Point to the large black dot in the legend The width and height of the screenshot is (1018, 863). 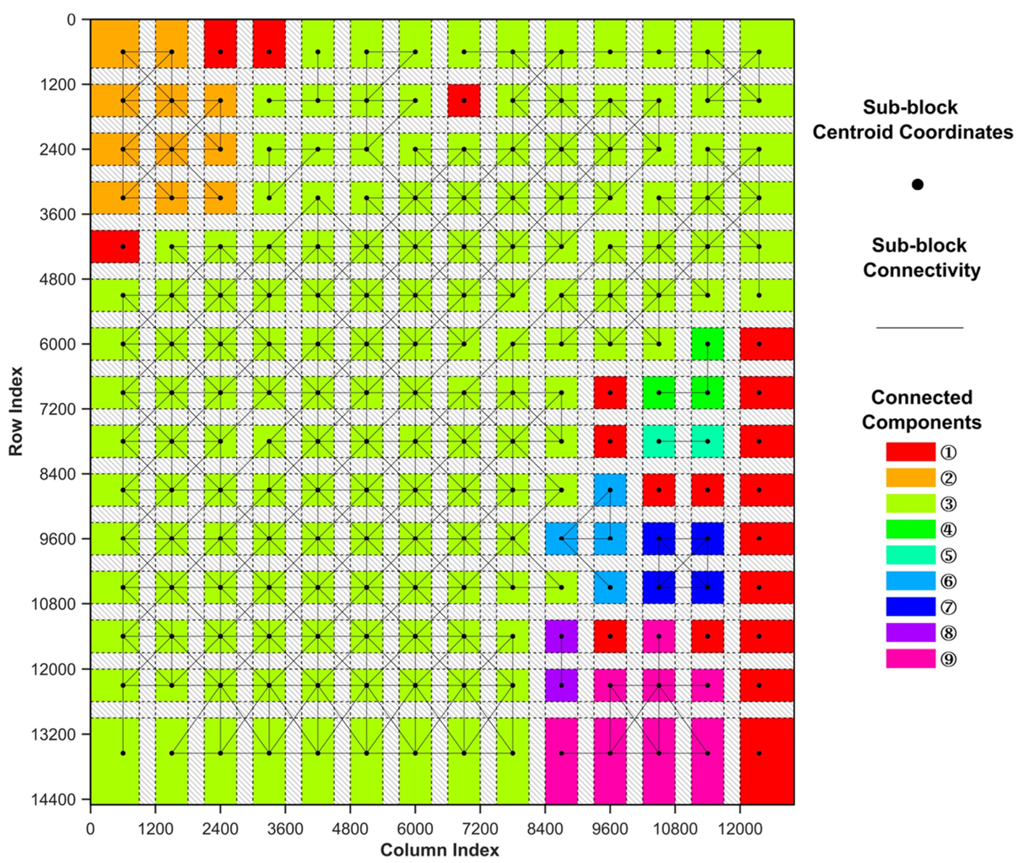[917, 184]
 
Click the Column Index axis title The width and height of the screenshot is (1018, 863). [439, 850]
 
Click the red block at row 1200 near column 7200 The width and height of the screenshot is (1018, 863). [463, 100]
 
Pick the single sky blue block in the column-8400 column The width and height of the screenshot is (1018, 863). [561, 538]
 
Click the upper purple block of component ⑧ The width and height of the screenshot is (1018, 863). [561, 636]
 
